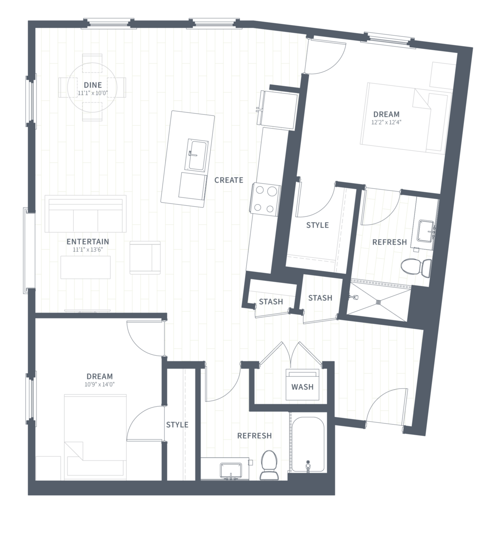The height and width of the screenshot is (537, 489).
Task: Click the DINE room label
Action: [93, 85]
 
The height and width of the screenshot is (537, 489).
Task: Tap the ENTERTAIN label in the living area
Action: [88, 242]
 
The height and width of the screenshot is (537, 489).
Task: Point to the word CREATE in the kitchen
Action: [228, 180]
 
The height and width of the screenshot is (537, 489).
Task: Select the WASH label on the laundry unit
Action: [302, 387]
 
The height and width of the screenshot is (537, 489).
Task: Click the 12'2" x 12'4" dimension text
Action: [386, 122]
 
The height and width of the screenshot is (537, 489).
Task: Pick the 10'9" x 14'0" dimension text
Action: [99, 385]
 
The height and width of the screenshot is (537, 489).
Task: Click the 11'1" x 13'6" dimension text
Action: [88, 250]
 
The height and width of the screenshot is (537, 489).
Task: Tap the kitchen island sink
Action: [197, 155]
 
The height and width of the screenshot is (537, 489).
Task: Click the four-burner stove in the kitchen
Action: [265, 199]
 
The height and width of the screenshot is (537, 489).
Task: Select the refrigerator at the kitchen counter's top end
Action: [277, 109]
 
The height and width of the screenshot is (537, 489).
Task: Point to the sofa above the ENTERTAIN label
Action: [86, 213]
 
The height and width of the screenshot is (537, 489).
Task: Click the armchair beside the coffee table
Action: [145, 257]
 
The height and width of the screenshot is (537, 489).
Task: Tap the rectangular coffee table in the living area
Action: [86, 267]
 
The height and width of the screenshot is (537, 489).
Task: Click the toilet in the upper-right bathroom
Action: [416, 267]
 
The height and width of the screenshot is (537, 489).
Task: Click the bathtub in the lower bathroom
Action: [308, 445]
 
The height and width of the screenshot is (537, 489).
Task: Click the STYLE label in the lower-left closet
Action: [177, 424]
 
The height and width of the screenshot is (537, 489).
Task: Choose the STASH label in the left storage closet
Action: [271, 301]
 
